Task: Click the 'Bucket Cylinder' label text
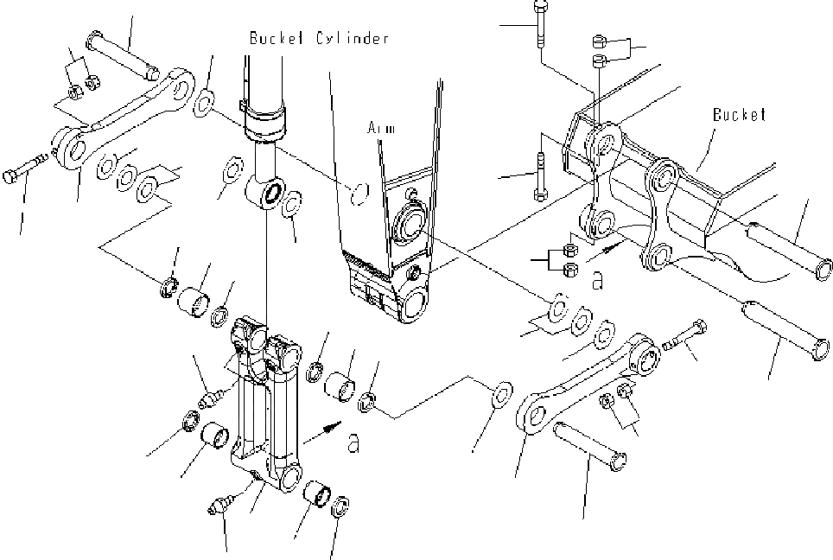(x=319, y=38)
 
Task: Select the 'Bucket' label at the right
(x=740, y=114)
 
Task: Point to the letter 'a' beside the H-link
(x=352, y=443)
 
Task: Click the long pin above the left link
(x=124, y=53)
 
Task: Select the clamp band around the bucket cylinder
(x=266, y=118)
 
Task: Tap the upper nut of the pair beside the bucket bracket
(x=570, y=251)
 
